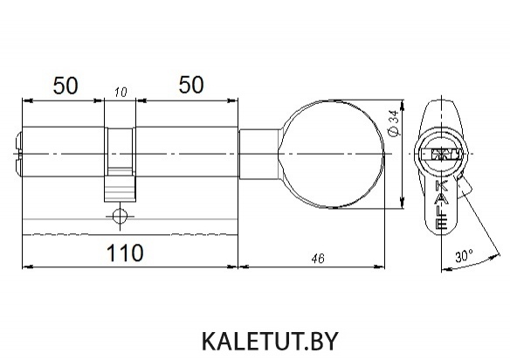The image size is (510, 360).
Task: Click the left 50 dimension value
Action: click(x=65, y=86)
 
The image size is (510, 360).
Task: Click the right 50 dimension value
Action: click(x=191, y=85)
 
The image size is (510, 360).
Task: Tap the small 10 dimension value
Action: click(x=121, y=93)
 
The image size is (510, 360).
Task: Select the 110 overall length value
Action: click(x=125, y=253)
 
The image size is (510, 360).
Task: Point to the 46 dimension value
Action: click(x=318, y=259)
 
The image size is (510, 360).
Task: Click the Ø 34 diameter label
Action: click(x=394, y=124)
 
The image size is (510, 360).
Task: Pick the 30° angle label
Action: click(x=464, y=256)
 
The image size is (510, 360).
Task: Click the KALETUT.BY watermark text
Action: click(x=271, y=341)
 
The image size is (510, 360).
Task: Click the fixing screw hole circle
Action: click(x=120, y=216)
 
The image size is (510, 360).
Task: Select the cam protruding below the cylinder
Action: click(x=120, y=189)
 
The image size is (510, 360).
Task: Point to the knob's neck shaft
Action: click(x=259, y=155)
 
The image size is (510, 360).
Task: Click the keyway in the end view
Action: click(x=441, y=154)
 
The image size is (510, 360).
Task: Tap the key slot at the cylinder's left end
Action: click(x=18, y=154)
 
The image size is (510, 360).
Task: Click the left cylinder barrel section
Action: click(x=63, y=152)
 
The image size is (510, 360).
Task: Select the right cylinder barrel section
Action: click(x=187, y=152)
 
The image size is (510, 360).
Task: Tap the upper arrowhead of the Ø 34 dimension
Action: click(x=403, y=105)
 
